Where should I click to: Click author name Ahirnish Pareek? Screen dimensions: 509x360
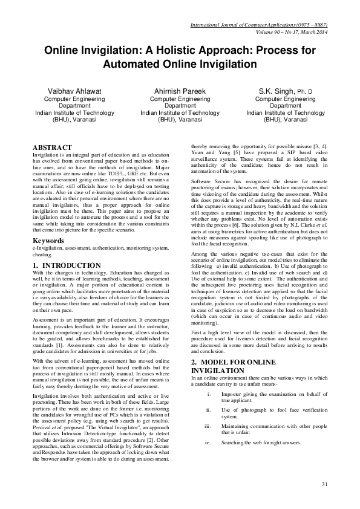[180, 90]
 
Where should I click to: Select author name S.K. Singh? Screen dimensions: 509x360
[282, 90]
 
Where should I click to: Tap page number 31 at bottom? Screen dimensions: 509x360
[324, 484]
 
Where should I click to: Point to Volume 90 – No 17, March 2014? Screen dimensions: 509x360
[289, 32]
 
